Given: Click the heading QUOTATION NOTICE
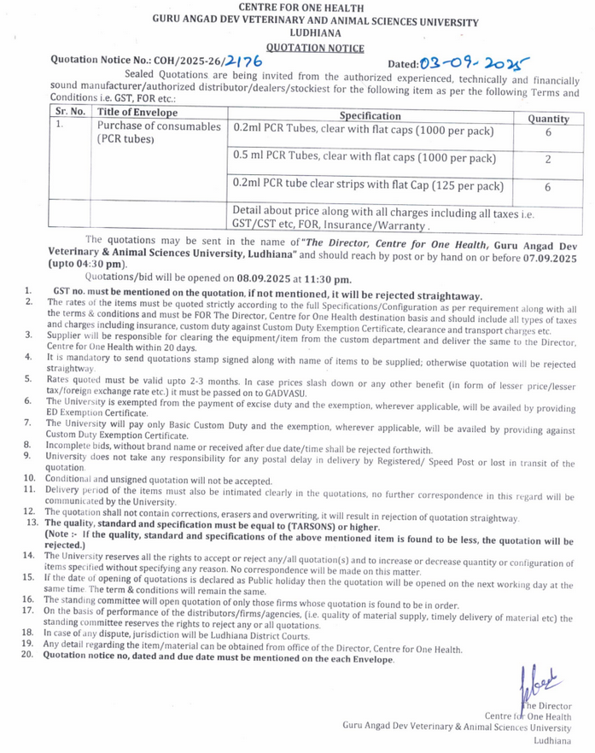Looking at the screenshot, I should pos(314,49).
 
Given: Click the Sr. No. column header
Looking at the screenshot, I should pos(71,112).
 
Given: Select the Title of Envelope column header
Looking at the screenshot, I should pos(137,112).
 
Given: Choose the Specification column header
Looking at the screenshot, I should pos(370,115).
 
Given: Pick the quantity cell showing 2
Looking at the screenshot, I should pos(547,160).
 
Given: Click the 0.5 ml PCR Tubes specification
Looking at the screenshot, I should pos(364,158).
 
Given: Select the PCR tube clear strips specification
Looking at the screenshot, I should pos(368,185).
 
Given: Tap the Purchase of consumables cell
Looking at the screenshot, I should pos(158,132).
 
